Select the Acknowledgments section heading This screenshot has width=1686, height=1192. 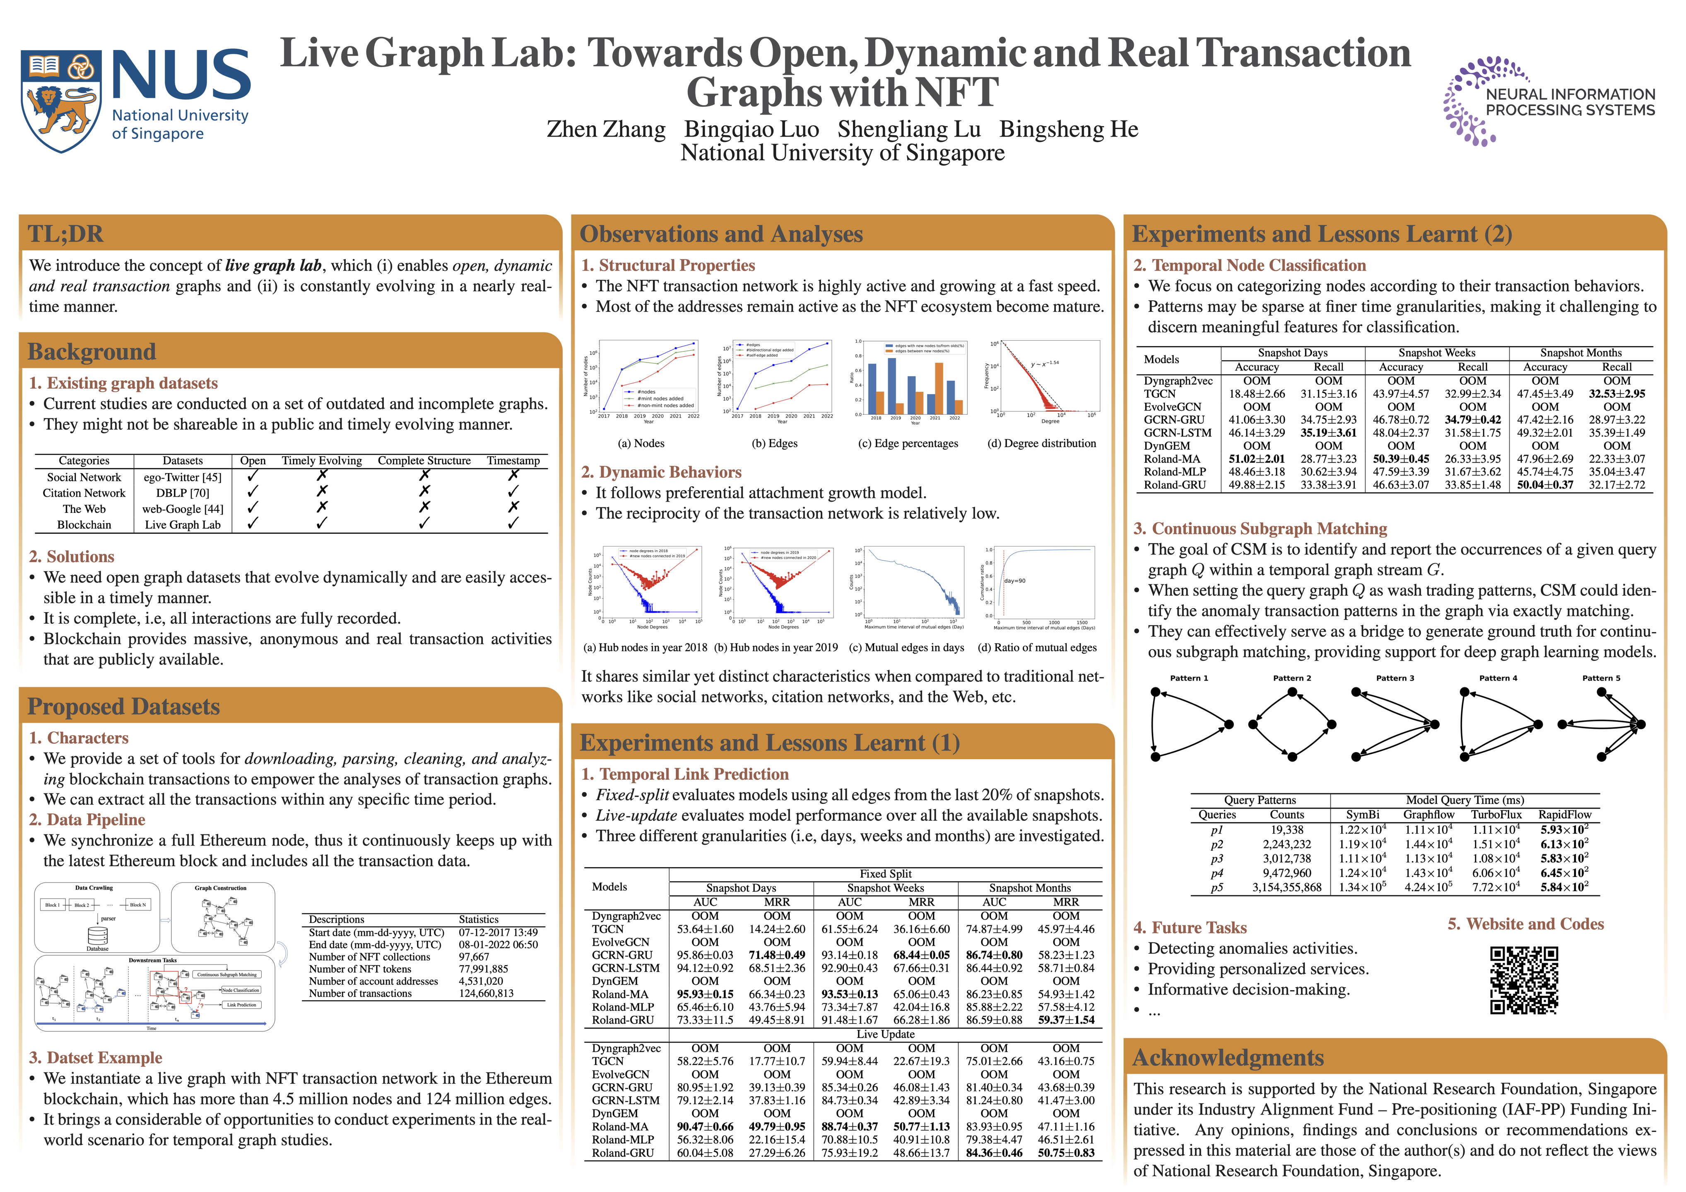1228,1057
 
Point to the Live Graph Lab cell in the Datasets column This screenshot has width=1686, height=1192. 183,525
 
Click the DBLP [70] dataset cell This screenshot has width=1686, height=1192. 183,493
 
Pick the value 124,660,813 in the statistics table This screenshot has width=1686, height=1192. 486,994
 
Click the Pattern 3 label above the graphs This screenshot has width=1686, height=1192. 1395,678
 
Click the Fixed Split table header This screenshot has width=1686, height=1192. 886,874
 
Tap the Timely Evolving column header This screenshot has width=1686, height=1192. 322,461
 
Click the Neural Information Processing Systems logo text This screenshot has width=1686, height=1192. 1570,103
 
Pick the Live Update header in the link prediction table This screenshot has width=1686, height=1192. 886,1034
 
